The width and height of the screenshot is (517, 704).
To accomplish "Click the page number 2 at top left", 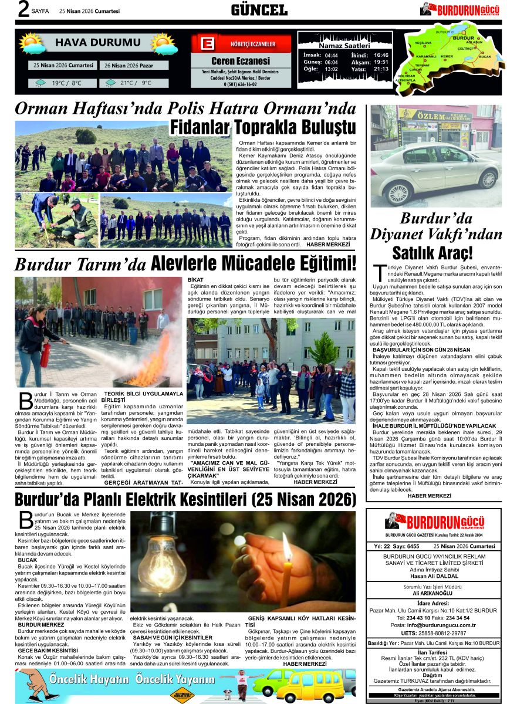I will coord(23,9).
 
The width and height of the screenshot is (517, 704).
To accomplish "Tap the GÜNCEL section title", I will coord(259,10).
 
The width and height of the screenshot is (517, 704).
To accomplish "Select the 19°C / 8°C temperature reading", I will coord(66,83).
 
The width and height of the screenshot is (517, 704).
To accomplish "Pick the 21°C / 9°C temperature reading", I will coord(134,83).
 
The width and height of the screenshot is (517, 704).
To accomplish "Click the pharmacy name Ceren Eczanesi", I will coord(241,61).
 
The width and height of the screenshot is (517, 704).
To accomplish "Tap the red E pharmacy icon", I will coord(206,44).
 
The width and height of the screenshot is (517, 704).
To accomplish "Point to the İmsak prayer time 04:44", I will coord(331,55).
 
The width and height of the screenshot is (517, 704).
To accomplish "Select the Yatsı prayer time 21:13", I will coord(381,69).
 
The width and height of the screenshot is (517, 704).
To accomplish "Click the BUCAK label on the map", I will coord(484,57).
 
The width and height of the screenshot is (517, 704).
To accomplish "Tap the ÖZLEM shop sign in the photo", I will coord(430,116).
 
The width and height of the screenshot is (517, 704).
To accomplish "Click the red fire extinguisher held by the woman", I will coord(45,354).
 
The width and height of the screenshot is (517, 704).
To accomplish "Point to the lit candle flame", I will coord(287,545).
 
